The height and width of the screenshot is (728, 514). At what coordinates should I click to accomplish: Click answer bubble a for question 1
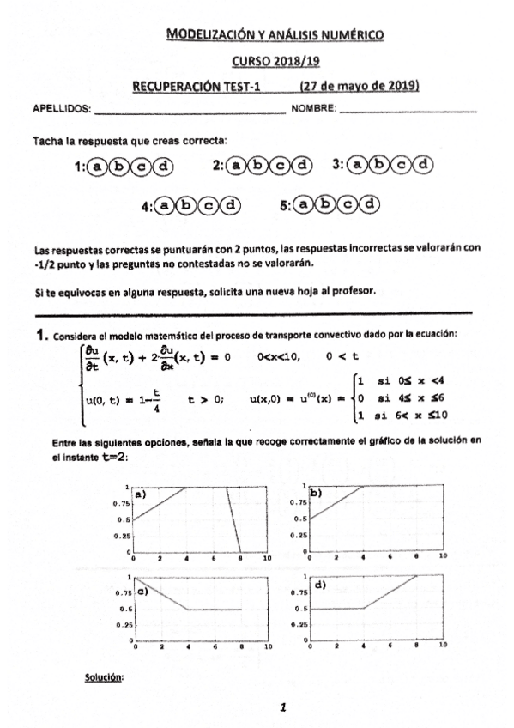click(100, 167)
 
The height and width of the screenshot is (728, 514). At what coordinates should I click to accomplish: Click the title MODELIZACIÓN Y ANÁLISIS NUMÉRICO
click(275, 35)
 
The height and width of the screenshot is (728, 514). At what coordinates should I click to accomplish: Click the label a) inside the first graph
click(138, 495)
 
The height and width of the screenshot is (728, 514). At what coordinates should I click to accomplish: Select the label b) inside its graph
click(316, 493)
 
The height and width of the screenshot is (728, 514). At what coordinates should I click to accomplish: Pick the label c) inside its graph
click(142, 591)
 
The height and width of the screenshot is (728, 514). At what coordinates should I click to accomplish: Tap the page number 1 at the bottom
click(282, 707)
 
